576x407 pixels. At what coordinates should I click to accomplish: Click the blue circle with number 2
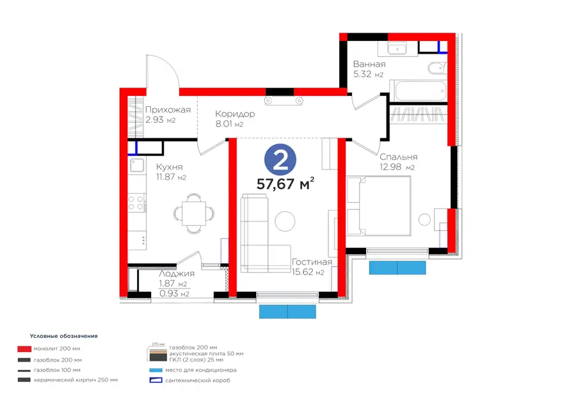point(280,159)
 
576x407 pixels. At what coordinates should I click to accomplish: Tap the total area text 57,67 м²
point(285,183)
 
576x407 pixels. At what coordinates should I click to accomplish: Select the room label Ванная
point(369,64)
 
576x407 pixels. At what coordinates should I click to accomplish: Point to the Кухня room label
point(169,167)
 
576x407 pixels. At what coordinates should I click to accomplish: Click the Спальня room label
point(399,157)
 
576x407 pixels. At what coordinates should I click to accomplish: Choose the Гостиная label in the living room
point(312,262)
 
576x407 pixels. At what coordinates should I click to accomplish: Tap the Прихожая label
point(168,110)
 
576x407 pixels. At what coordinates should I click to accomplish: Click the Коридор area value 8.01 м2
point(229,124)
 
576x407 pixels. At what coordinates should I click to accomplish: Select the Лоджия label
point(177,274)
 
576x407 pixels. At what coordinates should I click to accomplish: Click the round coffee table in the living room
point(285,221)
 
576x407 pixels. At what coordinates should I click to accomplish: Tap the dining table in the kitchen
point(193,213)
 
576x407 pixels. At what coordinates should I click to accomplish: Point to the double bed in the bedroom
point(379,205)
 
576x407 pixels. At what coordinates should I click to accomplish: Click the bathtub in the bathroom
point(419,90)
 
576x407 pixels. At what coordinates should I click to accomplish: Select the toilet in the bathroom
point(437,68)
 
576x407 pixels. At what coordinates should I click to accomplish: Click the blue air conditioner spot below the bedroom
point(397,267)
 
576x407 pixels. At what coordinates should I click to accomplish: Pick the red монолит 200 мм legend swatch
point(24,349)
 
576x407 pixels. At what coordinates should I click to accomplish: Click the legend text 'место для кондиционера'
point(201,371)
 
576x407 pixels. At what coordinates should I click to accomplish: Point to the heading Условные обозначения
point(63,336)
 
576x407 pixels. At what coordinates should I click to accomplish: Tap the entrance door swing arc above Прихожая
point(169,66)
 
